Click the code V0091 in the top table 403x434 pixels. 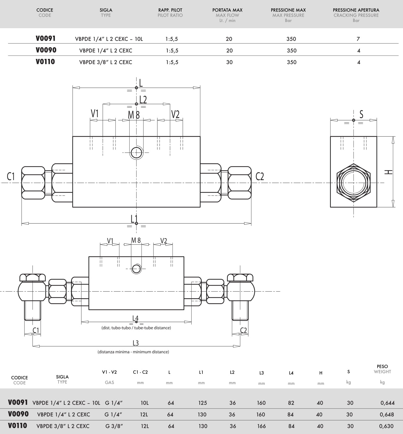[x=46, y=38]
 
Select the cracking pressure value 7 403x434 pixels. [x=358, y=39]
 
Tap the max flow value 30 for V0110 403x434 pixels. [x=229, y=62]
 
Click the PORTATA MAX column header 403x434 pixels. [x=227, y=10]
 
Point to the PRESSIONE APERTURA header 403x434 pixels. [x=356, y=10]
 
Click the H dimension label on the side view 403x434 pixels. [x=388, y=172]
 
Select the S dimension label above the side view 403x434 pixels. [x=361, y=114]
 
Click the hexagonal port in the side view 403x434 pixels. [x=354, y=183]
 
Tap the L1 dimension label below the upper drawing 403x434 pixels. [x=134, y=219]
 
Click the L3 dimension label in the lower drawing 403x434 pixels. [x=136, y=343]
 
